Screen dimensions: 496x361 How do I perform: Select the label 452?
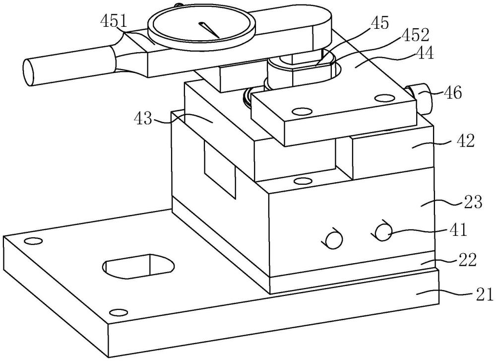pos(415,35)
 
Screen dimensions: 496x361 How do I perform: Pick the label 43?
pos(144,120)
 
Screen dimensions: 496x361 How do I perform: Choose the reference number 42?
pos(465,141)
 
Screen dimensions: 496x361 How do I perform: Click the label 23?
pos(473,202)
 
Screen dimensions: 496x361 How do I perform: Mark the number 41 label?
pos(458,230)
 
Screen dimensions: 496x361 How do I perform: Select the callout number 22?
pos(467,260)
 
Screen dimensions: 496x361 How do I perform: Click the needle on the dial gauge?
pos(209,30)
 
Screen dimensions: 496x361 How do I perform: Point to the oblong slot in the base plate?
pos(138,266)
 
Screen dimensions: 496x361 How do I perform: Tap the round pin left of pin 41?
pos(333,240)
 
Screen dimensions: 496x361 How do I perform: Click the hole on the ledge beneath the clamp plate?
pos(303,181)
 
